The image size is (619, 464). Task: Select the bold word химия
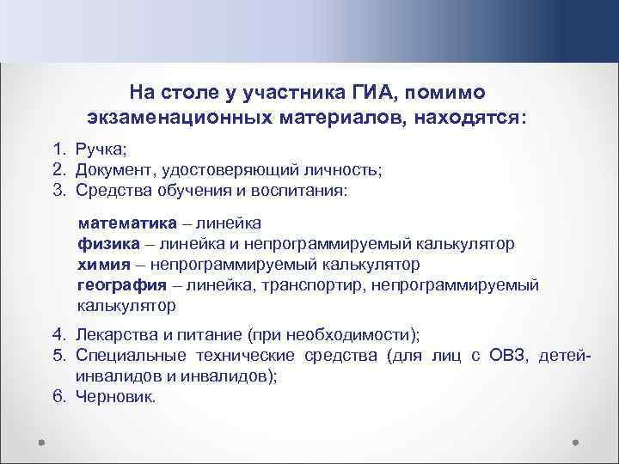coord(103,264)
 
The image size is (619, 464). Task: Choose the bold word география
coord(120,284)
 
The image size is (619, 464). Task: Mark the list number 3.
coord(54,189)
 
